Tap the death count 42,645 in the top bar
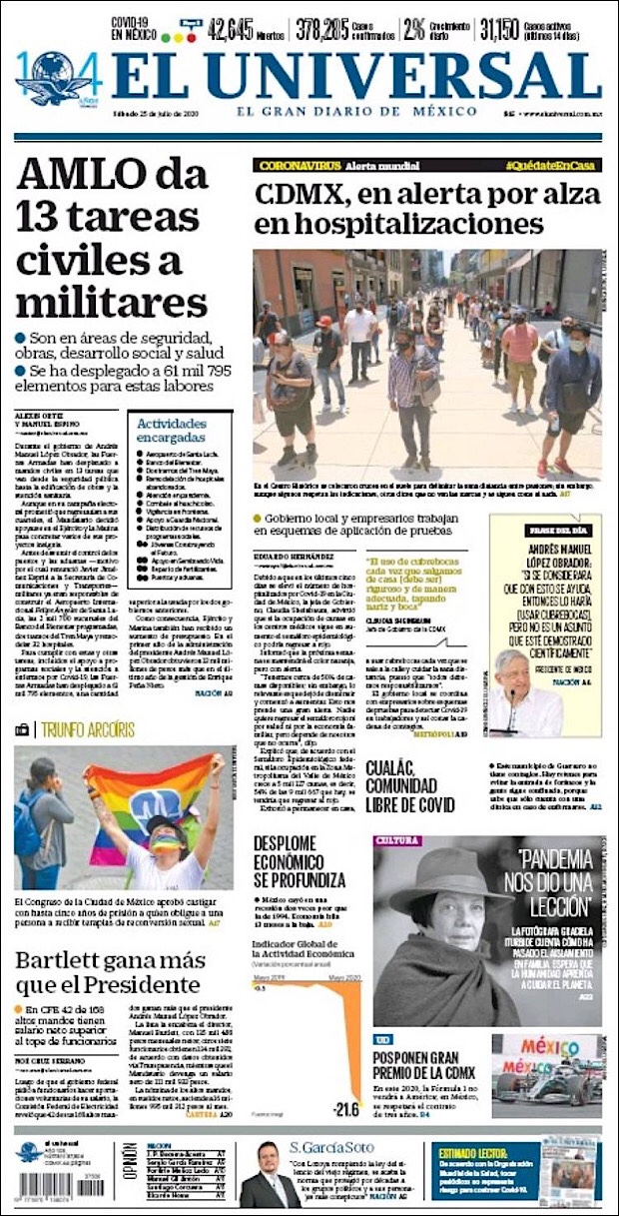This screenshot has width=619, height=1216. (x=230, y=29)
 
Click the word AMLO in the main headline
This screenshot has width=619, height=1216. (x=87, y=178)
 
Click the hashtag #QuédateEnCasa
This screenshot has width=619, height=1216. (x=551, y=165)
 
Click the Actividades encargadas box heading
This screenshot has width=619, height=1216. (x=172, y=430)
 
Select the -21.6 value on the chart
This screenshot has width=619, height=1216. (x=345, y=1108)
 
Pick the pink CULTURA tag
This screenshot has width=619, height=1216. (x=396, y=840)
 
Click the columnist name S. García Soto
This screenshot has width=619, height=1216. (x=334, y=1146)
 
